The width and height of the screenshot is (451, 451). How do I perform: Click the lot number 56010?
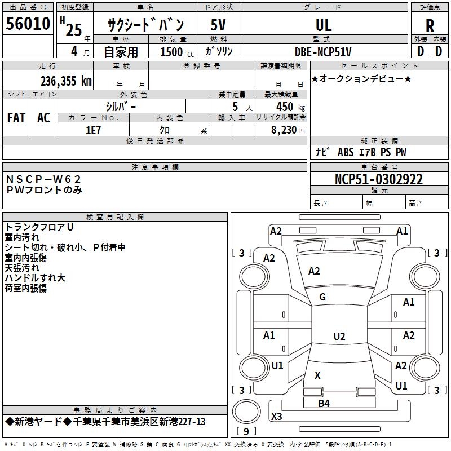point(28,23)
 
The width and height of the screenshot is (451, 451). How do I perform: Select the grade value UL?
point(324,25)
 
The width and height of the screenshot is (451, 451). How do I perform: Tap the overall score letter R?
point(430,26)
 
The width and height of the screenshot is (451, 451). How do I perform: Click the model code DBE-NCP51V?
point(323,52)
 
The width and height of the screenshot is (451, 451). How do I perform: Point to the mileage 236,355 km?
point(66,81)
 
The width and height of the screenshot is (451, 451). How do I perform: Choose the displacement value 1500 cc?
point(177,52)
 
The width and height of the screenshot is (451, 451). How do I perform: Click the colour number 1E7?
point(93,130)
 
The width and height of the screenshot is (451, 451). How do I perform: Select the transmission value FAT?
point(16,118)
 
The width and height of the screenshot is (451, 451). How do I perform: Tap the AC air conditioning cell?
point(43,118)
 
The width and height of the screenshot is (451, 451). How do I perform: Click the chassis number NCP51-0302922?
point(379,179)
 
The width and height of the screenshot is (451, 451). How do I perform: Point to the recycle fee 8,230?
point(284,130)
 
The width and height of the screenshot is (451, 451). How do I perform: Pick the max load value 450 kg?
point(290,107)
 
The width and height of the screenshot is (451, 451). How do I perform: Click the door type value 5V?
point(218,25)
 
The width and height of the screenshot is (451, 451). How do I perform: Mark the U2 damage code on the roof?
point(339,336)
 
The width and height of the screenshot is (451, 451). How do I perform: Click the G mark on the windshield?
point(322,297)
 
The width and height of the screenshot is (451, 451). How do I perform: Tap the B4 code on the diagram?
point(324,404)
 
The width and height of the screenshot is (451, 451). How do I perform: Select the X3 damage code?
point(276,416)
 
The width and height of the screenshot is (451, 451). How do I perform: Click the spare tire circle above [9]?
point(246,412)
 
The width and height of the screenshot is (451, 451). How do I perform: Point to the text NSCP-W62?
point(43,179)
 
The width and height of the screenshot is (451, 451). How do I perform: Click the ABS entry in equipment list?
point(346,152)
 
